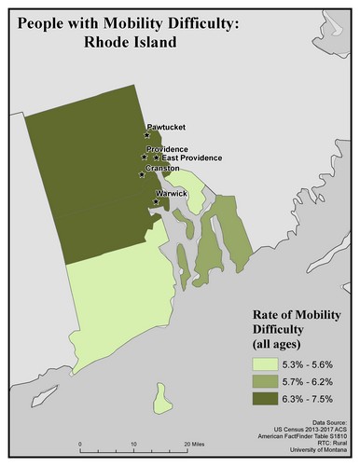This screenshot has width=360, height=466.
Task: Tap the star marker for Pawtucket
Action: pos(147,135)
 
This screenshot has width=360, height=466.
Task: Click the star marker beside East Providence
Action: pos(157,158)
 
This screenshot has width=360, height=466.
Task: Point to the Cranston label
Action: pos(163,168)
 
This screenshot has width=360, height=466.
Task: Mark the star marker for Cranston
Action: pos(142,174)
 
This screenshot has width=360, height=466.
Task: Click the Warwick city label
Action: pos(172,193)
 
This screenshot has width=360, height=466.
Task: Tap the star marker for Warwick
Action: pos(156,200)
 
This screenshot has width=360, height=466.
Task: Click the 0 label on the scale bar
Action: pos(80,444)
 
